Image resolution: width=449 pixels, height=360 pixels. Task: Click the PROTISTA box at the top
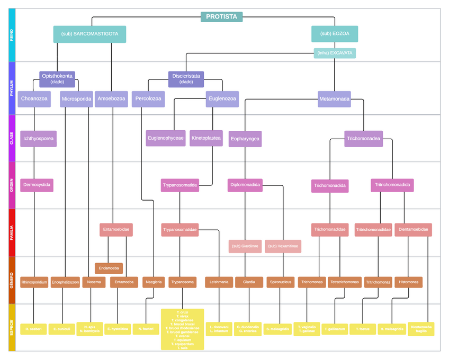(221, 17)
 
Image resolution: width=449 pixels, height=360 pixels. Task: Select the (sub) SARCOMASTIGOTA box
(89, 34)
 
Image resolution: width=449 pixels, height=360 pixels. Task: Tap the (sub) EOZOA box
(335, 34)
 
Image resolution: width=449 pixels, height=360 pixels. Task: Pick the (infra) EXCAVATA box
(335, 53)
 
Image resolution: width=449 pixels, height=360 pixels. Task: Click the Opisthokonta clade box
(58, 78)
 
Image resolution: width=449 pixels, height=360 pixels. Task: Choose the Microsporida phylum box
(77, 99)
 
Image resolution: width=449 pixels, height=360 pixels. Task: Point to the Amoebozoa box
(111, 99)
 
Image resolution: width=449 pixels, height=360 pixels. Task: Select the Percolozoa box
(148, 99)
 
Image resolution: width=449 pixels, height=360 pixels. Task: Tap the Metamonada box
(334, 99)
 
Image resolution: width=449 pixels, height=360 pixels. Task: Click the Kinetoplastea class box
(206, 138)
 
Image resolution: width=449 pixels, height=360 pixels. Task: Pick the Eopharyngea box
(245, 139)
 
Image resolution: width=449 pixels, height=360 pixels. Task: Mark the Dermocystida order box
(37, 185)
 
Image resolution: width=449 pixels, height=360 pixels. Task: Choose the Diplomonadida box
(245, 185)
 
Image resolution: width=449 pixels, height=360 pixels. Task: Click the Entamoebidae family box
(116, 230)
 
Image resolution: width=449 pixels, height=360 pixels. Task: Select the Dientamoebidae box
(414, 230)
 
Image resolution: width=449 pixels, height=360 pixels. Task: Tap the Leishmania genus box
(219, 282)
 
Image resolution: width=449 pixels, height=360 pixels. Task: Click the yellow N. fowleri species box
(146, 329)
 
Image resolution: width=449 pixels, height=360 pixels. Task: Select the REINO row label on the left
(12, 35)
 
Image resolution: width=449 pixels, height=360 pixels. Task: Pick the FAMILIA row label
(12, 233)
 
